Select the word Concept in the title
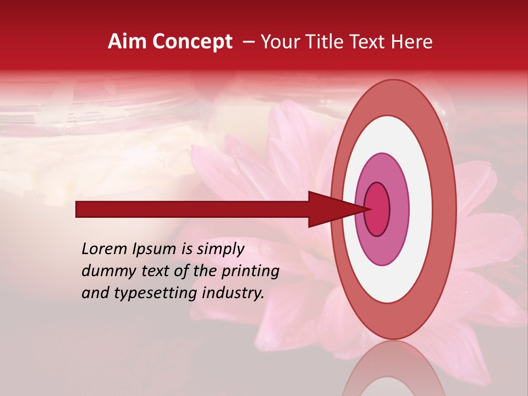(192, 42)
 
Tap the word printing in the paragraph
(250, 272)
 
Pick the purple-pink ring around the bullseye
(399, 209)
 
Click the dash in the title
(249, 42)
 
